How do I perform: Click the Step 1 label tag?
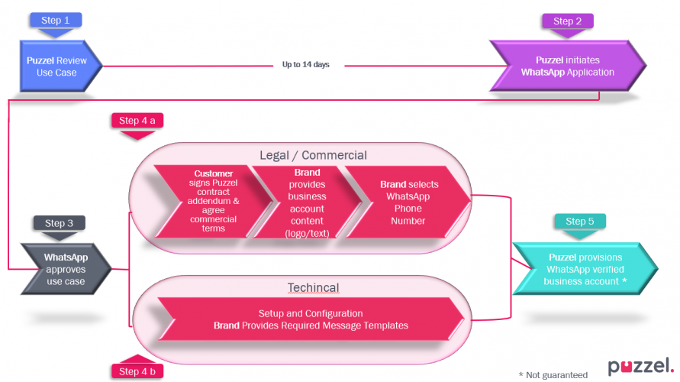(56, 20)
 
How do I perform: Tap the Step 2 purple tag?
(567, 21)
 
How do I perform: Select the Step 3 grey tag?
(59, 223)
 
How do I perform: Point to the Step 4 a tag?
(137, 121)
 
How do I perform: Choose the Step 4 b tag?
(137, 371)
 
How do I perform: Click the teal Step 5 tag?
(581, 222)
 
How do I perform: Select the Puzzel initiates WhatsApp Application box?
(567, 66)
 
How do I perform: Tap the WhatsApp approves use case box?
(66, 270)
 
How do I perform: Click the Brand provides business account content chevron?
(308, 202)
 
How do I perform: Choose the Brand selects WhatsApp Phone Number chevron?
(405, 202)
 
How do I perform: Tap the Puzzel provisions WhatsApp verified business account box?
(585, 269)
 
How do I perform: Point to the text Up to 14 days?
(305, 65)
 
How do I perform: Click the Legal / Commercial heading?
(313, 155)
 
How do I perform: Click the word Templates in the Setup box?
(385, 325)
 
